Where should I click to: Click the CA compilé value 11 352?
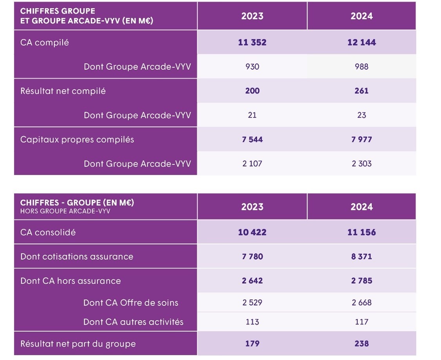[252, 42]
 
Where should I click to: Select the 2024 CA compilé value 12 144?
[361, 42]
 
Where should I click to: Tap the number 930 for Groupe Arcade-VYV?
[252, 67]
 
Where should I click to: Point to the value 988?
[361, 67]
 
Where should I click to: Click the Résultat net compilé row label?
[63, 91]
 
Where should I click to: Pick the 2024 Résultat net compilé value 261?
[361, 91]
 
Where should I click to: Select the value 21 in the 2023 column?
[252, 115]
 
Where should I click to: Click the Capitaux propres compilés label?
[77, 139]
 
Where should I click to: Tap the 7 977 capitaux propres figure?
[361, 139]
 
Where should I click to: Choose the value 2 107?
[252, 164]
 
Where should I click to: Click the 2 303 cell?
[361, 164]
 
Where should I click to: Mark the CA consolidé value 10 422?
[252, 232]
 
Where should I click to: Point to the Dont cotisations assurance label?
[77, 257]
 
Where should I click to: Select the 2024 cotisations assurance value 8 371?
[361, 257]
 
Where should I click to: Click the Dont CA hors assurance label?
[70, 281]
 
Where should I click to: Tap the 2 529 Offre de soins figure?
[252, 302]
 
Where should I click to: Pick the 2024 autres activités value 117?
[361, 322]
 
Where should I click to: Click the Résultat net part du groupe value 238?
[361, 344]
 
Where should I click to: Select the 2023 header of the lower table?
[252, 207]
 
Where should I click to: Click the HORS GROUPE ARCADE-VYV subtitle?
[65, 211]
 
